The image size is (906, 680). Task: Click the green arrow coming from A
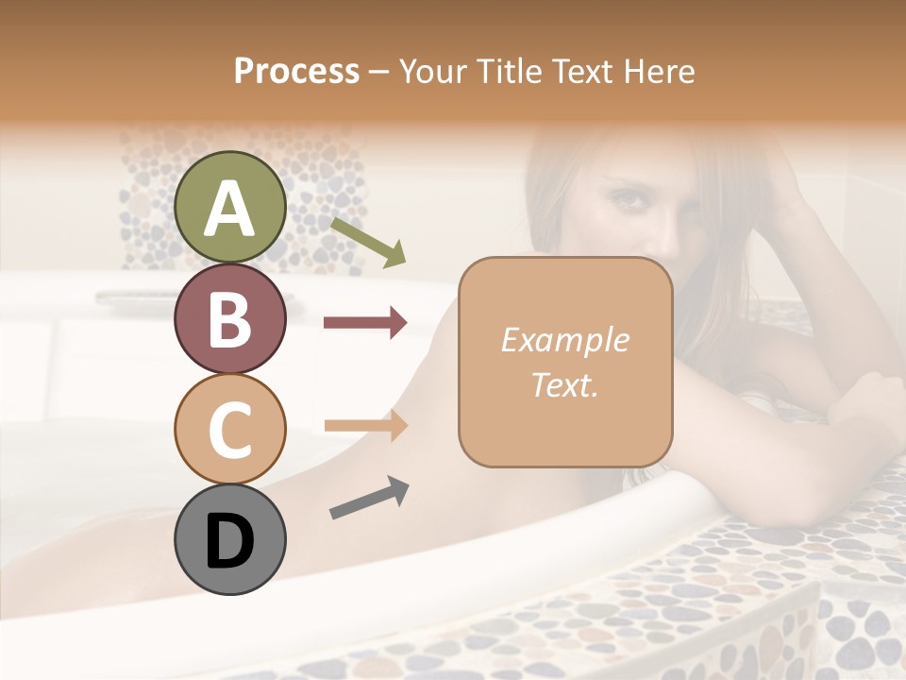(368, 242)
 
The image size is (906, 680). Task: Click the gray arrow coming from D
(369, 498)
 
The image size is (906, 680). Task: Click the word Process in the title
(296, 71)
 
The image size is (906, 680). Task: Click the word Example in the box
(564, 340)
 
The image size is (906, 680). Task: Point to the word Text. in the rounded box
(564, 384)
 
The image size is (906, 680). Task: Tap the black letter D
(229, 541)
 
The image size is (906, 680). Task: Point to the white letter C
(229, 430)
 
